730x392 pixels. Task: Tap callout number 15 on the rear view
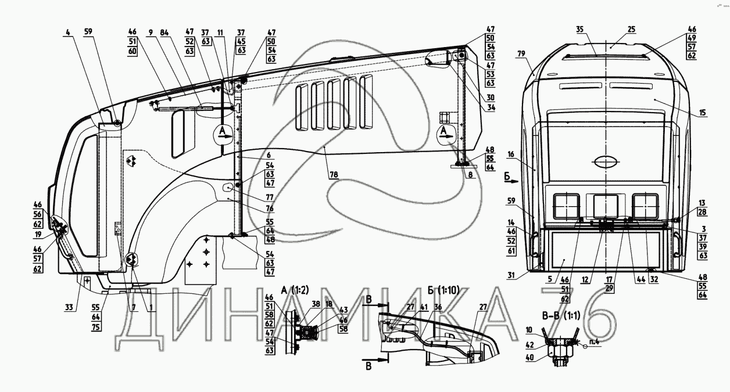703,113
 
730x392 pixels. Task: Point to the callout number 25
616,29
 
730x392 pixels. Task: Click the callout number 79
521,54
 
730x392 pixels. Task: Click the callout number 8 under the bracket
470,174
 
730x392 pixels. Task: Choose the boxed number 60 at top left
132,51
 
